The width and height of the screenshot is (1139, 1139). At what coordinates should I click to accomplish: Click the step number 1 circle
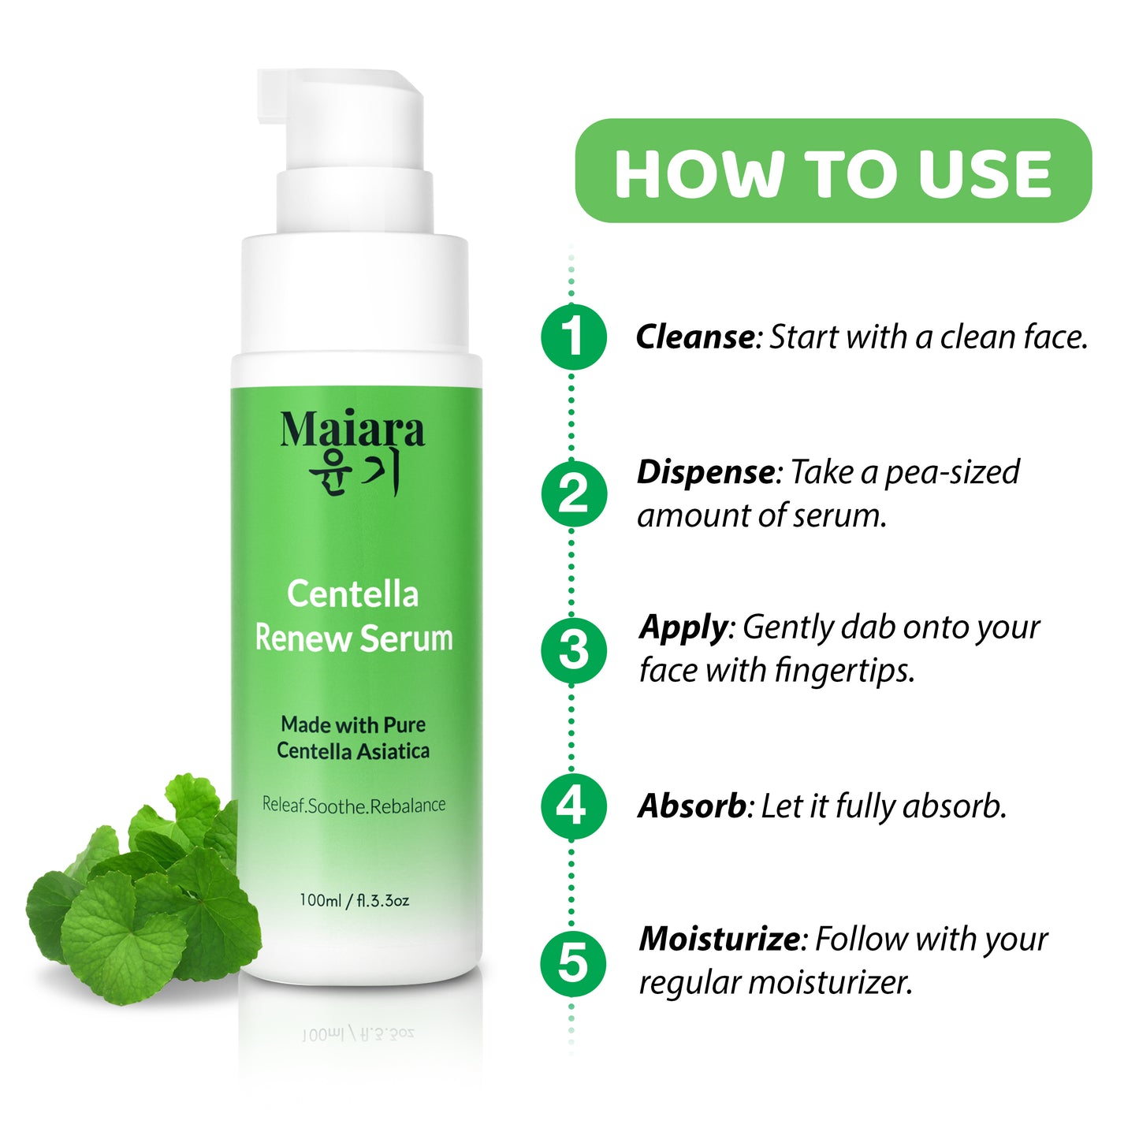pos(573,337)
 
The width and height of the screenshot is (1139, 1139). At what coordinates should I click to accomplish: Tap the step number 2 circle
pos(573,493)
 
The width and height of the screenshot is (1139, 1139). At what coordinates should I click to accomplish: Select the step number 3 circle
pos(573,650)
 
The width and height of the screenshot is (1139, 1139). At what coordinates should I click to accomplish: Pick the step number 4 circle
pos(573,806)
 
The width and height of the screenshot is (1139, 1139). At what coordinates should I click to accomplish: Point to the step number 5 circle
pos(573,963)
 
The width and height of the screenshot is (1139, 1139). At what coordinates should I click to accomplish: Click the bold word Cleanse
pos(696,337)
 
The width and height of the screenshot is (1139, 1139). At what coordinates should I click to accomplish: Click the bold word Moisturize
pos(720,940)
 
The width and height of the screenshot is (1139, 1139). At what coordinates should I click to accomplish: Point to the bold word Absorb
pos(692,806)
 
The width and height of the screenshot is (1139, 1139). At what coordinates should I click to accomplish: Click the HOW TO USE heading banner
pos(833,171)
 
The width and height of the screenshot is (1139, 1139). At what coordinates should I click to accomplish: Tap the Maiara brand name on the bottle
pos(352,431)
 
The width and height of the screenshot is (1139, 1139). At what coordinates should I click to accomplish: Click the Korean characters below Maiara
pos(354,474)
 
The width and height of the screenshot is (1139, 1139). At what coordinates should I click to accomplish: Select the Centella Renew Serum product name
pos(353,616)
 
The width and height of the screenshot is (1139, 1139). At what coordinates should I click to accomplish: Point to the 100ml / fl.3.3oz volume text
pos(354,900)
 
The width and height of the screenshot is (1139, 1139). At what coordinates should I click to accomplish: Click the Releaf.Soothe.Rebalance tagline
pos(353,805)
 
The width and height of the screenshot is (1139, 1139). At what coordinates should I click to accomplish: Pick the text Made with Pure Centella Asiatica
pos(353,738)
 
